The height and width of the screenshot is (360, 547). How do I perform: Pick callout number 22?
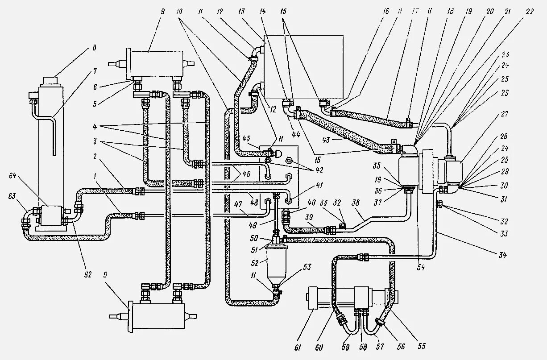pos(530,12)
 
